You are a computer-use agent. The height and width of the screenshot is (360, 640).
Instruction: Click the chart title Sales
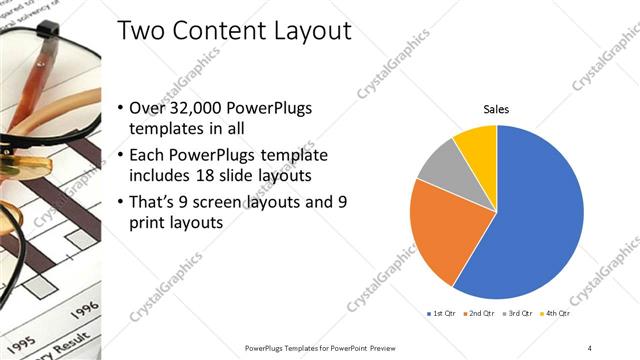click(x=496, y=109)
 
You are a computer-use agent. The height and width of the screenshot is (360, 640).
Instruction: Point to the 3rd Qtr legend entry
click(x=519, y=313)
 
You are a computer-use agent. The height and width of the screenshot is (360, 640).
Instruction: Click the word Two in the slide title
click(x=142, y=31)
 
